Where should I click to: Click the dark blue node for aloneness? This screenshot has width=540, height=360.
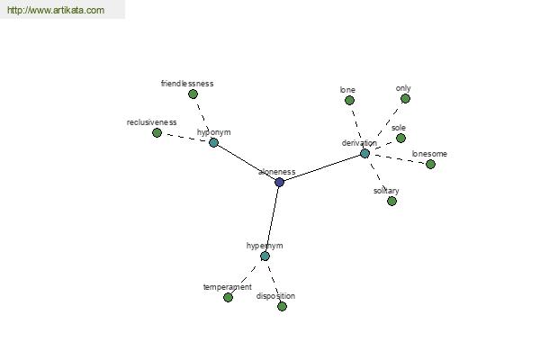coord(279,182)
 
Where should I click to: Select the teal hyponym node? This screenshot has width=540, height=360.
coord(213,142)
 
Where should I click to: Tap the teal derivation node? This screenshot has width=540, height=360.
coord(364,153)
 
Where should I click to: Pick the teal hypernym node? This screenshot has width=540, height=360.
coord(265,256)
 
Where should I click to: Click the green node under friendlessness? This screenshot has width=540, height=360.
coord(193,94)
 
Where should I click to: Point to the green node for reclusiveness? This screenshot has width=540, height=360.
coord(157,132)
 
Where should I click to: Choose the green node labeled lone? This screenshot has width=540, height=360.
coord(349,100)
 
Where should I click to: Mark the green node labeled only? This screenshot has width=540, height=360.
coord(405,98)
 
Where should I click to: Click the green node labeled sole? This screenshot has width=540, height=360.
coord(400,138)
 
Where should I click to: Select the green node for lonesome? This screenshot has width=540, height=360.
coord(430,165)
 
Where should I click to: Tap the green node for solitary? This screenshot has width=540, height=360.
coord(391,201)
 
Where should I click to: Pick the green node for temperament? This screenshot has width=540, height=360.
coord(228,297)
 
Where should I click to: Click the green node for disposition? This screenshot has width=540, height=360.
coord(282,306)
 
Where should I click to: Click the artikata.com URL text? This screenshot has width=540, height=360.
coord(56,10)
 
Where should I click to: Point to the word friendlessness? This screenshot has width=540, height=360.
coord(187,84)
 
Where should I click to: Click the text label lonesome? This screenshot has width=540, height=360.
coord(429,154)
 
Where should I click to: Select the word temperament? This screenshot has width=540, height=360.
coord(228,287)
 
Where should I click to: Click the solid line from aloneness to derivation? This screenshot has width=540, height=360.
coord(322,167)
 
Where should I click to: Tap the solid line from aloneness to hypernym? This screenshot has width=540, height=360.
coord(272,219)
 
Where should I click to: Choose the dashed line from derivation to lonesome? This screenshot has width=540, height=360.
coord(398,158)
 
